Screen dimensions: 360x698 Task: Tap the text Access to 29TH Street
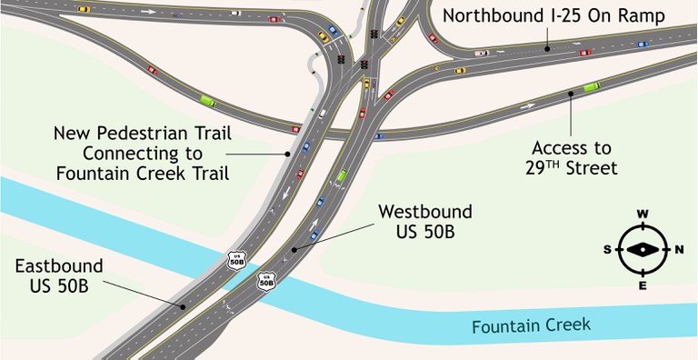coord(573,157)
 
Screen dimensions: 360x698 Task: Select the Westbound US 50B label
coord(425,222)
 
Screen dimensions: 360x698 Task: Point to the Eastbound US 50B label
coord(59,276)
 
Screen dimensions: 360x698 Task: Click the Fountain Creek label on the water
coord(532,325)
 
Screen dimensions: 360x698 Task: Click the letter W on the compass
coord(643,215)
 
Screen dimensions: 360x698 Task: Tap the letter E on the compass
coord(643,285)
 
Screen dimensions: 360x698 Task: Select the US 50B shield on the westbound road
coord(266,280)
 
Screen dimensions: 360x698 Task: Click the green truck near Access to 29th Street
coord(591,87)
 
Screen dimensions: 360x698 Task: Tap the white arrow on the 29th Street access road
coord(527,106)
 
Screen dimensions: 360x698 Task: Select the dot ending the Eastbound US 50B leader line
coord(184,307)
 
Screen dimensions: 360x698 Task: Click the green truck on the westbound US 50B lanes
coord(342,175)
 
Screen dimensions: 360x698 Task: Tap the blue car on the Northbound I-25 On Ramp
coord(643,43)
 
